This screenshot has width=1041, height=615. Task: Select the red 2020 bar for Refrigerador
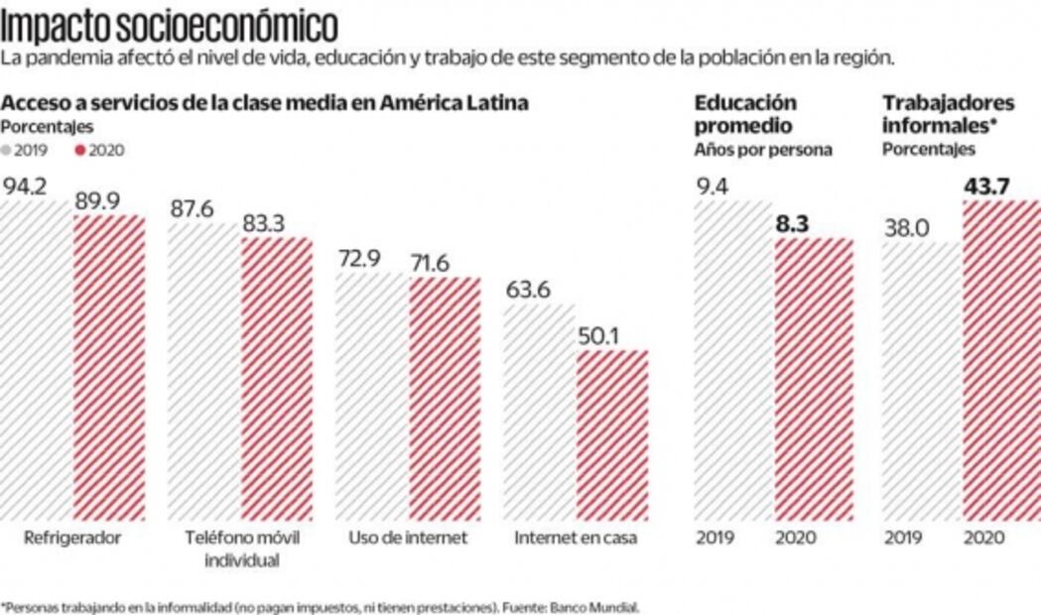109,367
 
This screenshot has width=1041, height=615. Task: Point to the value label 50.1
597,335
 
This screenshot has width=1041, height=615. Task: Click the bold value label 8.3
793,224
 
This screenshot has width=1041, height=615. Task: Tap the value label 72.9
357,260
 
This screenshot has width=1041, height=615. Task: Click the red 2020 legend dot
80,150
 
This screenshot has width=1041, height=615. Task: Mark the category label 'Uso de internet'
408,538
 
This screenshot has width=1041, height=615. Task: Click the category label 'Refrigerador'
72,538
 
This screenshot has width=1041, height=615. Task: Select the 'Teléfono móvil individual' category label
242,549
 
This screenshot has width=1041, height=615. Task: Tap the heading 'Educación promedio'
744,114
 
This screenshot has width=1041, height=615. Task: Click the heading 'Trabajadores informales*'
935,114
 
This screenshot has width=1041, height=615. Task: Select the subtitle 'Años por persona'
762,150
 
